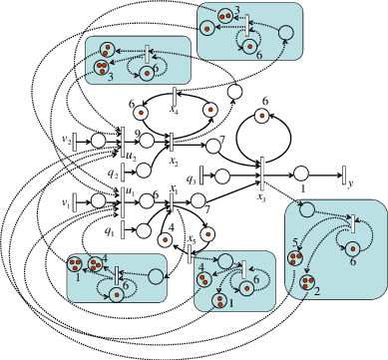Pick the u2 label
131,155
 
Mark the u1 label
131,189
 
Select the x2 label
175,159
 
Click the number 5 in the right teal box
295,242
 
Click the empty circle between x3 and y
300,173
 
